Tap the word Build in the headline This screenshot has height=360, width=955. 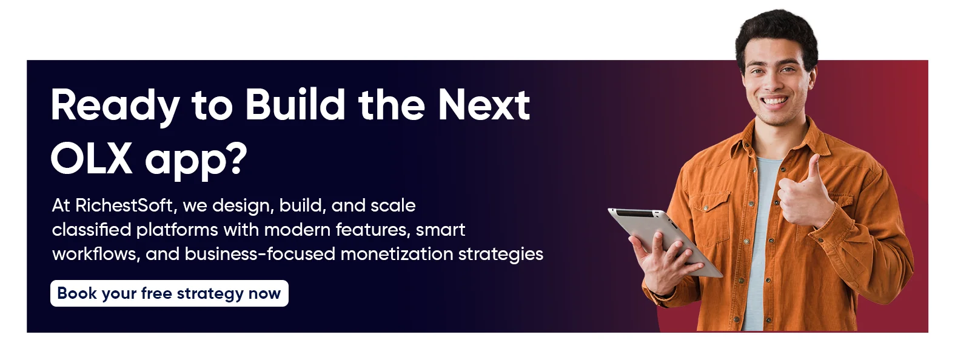click(x=295, y=104)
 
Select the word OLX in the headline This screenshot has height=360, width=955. click(x=92, y=159)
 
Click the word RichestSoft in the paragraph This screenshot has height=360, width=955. click(x=124, y=205)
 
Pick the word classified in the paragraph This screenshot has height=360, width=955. click(x=91, y=230)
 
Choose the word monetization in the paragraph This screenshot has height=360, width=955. click(x=397, y=254)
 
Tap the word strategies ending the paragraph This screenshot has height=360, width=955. click(x=500, y=255)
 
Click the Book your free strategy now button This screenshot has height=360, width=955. click(x=169, y=293)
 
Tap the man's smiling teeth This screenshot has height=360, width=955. click(x=775, y=101)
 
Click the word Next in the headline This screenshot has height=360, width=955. click(x=484, y=105)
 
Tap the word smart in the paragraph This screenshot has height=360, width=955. click(x=440, y=230)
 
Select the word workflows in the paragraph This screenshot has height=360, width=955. click(x=96, y=255)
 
